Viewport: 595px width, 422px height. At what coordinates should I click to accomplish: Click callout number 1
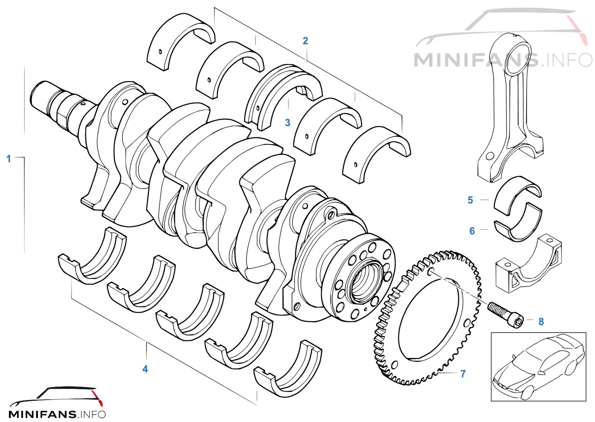coord(9,159)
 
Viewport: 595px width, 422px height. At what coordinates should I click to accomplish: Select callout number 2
coord(305,41)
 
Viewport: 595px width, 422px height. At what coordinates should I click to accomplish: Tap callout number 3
coord(287,122)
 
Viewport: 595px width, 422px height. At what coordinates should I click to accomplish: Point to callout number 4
coord(145,369)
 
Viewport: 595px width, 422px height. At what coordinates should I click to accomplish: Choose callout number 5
coord(470,200)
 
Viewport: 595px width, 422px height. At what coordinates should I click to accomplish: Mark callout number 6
coord(472,231)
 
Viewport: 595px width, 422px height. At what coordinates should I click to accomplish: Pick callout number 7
coord(463,374)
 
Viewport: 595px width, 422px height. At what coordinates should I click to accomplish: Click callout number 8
coord(541,322)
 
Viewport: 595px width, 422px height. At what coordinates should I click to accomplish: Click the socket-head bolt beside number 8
coord(505,315)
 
